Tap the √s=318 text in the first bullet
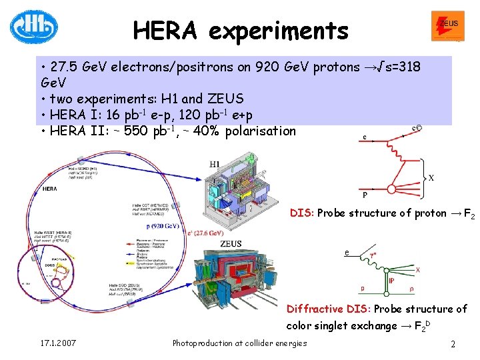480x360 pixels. [x=397, y=68]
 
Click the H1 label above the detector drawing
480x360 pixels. [x=215, y=164]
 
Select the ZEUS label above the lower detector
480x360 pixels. [x=231, y=244]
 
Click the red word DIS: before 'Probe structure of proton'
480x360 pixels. [x=301, y=213]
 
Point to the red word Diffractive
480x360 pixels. [x=315, y=309]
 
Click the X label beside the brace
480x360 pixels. [x=431, y=179]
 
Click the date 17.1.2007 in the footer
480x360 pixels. [x=57, y=343]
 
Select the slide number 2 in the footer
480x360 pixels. [x=453, y=344]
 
